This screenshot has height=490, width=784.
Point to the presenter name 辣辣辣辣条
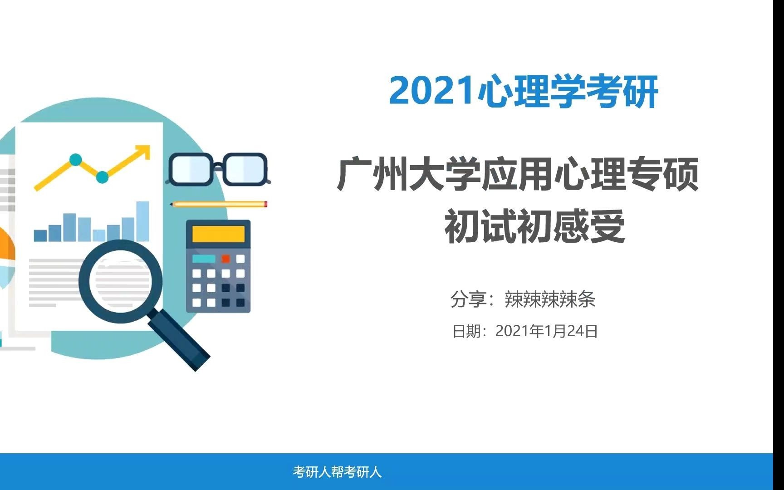click(550, 300)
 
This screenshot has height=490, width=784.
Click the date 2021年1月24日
click(546, 331)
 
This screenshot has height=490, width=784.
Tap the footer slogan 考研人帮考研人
click(337, 472)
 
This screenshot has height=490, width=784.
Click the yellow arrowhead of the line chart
click(144, 151)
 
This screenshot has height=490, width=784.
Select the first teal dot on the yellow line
click(76, 160)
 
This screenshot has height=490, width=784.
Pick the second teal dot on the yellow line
click(103, 177)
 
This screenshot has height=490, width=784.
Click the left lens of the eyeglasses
click(191, 169)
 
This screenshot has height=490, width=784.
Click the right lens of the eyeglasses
click(245, 169)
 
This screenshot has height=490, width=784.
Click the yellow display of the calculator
click(218, 234)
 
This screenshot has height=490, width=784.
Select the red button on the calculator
click(225, 259)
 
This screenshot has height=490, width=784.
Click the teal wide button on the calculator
click(204, 259)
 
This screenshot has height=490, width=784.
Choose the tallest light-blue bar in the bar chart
click(143, 221)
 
